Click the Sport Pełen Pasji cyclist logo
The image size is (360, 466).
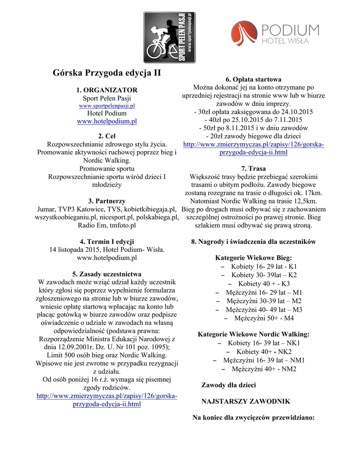(169, 37)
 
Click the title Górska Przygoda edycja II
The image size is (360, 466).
(106, 73)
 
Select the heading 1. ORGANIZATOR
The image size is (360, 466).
(107, 90)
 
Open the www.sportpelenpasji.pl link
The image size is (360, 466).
(107, 106)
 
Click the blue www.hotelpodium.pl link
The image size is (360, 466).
(107, 121)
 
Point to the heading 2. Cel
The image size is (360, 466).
(107, 136)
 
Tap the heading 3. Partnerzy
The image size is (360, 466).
(107, 201)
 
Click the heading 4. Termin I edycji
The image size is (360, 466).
(107, 241)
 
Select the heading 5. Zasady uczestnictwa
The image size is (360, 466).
(107, 274)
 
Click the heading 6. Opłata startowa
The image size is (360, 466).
(254, 79)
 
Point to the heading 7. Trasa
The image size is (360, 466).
(254, 168)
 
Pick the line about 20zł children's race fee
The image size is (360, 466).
(254, 136)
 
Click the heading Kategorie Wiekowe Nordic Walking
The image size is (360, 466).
(254, 334)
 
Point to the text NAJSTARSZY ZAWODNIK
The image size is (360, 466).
(246, 401)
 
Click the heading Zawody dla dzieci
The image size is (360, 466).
(228, 385)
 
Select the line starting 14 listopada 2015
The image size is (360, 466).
(107, 249)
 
